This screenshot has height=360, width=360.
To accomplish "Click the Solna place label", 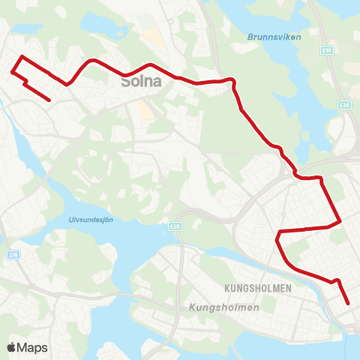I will (141, 82).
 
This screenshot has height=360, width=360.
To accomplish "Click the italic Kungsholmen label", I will (223, 307).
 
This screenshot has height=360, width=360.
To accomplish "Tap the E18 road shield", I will (328, 50).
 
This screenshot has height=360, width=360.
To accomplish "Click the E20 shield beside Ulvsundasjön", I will (175, 226).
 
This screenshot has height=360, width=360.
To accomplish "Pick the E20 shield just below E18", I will (344, 105).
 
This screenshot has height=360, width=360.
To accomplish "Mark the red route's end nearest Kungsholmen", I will (349, 304).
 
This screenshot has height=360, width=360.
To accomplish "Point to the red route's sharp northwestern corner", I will (22, 57).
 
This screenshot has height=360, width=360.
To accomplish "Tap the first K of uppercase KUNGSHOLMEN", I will (226, 287).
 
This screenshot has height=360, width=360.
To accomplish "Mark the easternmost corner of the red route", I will (340, 221).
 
